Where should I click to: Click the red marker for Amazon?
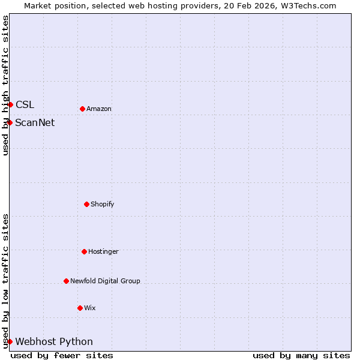click(x=82, y=109)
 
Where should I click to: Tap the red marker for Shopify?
click(x=86, y=204)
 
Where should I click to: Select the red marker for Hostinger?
click(x=84, y=251)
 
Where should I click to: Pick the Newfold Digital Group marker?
click(x=66, y=281)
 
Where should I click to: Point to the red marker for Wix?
click(x=80, y=308)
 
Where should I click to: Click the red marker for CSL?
click(x=10, y=104)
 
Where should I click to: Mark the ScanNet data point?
click(x=10, y=122)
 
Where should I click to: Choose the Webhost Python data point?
click(x=10, y=341)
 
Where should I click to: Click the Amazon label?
click(x=99, y=109)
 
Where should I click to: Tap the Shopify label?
click(x=103, y=204)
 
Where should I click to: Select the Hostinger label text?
click(x=103, y=251)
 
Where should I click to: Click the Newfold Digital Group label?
click(x=105, y=281)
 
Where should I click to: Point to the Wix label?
click(x=90, y=308)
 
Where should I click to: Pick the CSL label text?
click(x=25, y=104)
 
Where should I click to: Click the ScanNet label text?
click(x=35, y=122)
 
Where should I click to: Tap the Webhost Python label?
click(x=54, y=341)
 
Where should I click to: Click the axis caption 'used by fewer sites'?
click(x=62, y=355)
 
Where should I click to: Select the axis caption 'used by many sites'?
click(x=301, y=355)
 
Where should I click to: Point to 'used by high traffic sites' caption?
click(x=5, y=85)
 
